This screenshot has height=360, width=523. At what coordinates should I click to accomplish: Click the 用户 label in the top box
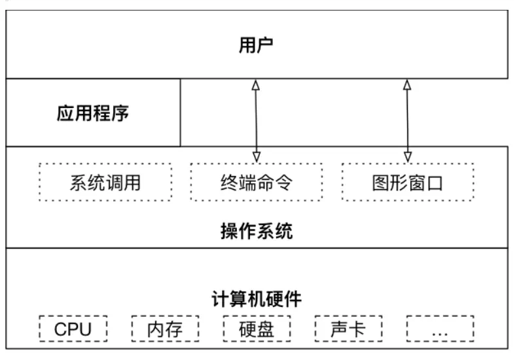coord(256,45)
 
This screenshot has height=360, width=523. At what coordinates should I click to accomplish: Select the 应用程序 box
coord(93,113)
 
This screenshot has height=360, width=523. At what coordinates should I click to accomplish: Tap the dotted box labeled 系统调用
coord(105,182)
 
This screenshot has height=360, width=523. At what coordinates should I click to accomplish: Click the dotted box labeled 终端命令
coord(256,182)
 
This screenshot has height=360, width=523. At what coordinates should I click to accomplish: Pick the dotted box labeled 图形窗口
coord(407,182)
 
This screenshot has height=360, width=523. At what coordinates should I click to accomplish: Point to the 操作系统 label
coord(256,231)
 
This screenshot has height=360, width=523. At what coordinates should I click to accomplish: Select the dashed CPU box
coord(73,329)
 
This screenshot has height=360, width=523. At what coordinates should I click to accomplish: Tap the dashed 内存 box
coord(164,329)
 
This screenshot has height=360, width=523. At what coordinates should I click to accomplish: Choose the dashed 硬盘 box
coord(257,329)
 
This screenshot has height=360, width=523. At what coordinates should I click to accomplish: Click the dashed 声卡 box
coord(348,329)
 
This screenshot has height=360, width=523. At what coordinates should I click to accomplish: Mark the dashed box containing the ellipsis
coord(440,329)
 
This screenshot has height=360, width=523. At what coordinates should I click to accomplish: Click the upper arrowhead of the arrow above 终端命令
coord(256,84)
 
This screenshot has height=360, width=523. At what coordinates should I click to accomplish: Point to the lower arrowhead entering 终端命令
coord(256,156)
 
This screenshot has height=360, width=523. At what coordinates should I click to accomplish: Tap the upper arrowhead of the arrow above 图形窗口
coord(407,84)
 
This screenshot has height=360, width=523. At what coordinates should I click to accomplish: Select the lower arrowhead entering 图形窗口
coord(407,156)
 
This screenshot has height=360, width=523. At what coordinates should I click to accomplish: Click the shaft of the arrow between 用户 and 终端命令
coord(256,120)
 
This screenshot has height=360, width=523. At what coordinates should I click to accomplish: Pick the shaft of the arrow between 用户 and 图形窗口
coord(407,120)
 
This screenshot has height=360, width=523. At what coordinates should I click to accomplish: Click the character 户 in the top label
coord(265,45)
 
